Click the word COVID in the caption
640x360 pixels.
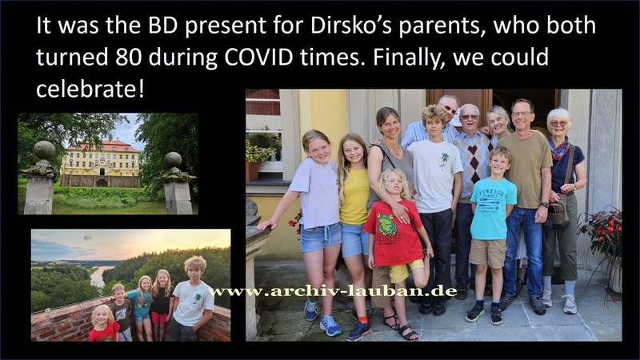click(x=258, y=57)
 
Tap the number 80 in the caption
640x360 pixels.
click(x=129, y=57)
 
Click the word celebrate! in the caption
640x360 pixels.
click(x=90, y=88)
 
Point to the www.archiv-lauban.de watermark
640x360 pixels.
click(x=332, y=291)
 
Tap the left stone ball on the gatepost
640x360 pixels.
click(x=45, y=150)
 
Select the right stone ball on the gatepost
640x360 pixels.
click(x=173, y=159)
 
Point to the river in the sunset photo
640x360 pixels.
click(x=97, y=276)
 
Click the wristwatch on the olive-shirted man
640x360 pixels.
click(x=544, y=205)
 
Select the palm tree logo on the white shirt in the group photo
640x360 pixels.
click(x=444, y=161)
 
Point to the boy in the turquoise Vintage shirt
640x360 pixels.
click(x=490, y=234)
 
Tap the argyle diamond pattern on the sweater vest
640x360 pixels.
click(x=474, y=162)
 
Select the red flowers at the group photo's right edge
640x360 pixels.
click(x=602, y=229)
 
